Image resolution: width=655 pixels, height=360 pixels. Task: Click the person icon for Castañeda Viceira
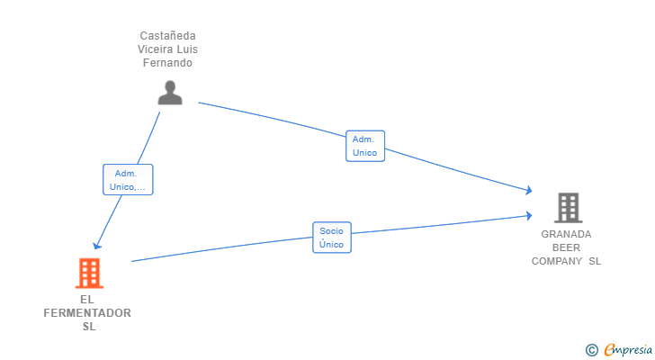[170, 93]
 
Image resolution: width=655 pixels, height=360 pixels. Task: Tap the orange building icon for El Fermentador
[88, 273]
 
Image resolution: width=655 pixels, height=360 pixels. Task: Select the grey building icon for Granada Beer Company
[568, 208]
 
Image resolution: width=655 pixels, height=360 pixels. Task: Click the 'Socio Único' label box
[332, 238]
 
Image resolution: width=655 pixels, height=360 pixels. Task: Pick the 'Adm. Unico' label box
[364, 146]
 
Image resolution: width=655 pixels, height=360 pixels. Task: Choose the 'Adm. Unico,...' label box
[128, 180]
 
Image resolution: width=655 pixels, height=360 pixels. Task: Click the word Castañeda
[168, 35]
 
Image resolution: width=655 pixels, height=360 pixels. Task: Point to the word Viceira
[156, 49]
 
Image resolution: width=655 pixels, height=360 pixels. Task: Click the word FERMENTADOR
[87, 313]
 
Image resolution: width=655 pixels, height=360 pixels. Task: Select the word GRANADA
[566, 234]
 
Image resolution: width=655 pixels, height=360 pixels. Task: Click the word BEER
[566, 247]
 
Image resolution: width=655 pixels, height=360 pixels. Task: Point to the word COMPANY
[558, 261]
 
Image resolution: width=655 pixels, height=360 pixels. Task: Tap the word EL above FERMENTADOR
[87, 300]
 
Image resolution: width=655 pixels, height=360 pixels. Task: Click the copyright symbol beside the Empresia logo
[591, 350]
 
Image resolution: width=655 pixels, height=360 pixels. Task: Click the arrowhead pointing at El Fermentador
[96, 246]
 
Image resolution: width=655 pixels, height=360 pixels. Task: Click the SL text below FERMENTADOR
[88, 327]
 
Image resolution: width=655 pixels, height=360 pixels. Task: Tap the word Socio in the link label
[332, 231]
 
